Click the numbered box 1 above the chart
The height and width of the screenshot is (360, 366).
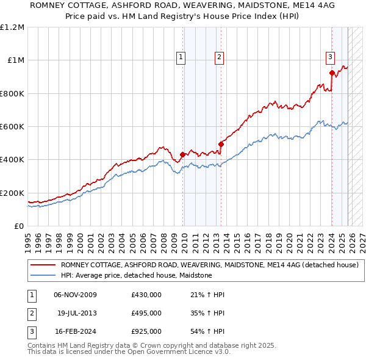click(x=181, y=57)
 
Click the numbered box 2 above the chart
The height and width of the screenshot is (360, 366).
click(x=219, y=57)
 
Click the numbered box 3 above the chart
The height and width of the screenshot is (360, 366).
click(x=330, y=57)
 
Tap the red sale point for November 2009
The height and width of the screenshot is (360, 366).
click(x=182, y=155)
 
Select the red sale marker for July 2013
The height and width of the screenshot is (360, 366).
click(x=221, y=145)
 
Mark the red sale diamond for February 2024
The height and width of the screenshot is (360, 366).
click(x=332, y=73)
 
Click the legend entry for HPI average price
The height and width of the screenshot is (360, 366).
click(x=135, y=275)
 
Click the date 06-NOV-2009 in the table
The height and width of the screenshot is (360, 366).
click(x=75, y=295)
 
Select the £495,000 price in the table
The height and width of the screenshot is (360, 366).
click(x=146, y=313)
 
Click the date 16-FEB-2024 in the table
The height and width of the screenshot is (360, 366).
click(x=75, y=331)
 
